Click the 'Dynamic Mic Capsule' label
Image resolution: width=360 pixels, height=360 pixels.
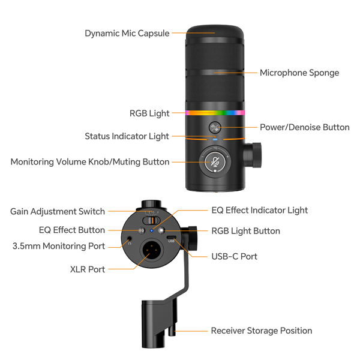pos(127,34)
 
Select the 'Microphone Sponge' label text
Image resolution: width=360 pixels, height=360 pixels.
pos(299,73)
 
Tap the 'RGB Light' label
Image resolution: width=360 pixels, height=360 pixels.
pos(149,113)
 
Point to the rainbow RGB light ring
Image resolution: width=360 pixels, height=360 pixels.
pos(215,112)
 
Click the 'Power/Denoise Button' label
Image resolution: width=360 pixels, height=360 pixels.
pos(304,127)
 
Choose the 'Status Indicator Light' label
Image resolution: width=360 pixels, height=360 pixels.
pos(127,137)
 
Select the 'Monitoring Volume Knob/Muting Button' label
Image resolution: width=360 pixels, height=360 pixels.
pos(90,162)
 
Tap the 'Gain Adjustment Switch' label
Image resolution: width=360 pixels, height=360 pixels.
pos(58,212)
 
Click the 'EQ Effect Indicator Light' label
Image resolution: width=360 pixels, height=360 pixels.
pos(259,211)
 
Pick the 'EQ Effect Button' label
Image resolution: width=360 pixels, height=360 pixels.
pos(72,230)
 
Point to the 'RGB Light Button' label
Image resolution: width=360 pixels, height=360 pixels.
pos(245,231)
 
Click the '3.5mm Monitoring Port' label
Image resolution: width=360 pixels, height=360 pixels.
pos(59,246)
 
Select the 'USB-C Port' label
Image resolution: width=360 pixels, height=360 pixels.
pos(234,257)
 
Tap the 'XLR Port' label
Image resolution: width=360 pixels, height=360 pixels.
pos(88,270)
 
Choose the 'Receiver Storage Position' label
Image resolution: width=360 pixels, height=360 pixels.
pos(261,331)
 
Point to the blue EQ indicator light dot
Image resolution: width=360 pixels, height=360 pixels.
pos(152,230)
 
